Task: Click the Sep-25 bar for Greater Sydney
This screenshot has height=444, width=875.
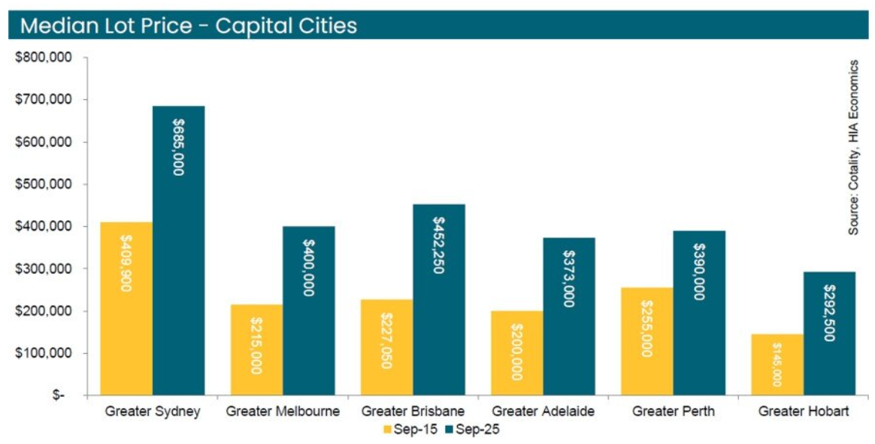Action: coord(178,250)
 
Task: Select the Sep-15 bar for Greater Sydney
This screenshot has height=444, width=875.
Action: coord(126,308)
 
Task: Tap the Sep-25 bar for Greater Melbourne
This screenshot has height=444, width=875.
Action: coord(308,310)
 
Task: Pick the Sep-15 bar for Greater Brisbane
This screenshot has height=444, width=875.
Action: coord(386,347)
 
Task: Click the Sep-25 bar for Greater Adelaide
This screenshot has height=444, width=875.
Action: coord(569,316)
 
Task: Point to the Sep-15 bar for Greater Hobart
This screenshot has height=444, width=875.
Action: coord(777,364)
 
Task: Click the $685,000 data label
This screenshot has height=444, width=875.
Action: coord(178,147)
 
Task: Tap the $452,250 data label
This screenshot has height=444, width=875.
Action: coord(438,245)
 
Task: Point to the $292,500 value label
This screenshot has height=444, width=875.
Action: coord(829,313)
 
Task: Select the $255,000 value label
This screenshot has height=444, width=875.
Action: coord(646,328)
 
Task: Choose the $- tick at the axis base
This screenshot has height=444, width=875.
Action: coord(58,395)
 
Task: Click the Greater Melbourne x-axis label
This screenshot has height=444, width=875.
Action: coord(283,412)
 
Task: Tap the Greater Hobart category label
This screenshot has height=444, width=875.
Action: coord(803,412)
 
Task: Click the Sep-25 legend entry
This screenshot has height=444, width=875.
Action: coord(473,430)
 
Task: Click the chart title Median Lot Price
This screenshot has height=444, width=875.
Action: coord(188,26)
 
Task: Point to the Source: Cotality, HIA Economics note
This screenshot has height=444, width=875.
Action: coord(854,147)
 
